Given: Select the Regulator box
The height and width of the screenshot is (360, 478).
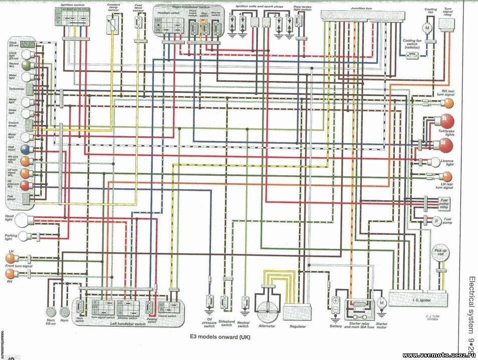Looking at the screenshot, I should click(294, 313).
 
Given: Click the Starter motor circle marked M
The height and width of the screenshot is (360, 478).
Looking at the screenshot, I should click(381, 303).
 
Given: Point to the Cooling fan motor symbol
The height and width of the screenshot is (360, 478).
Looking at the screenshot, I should click(427, 28).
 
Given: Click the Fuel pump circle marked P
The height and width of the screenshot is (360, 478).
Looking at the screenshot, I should click(436, 221).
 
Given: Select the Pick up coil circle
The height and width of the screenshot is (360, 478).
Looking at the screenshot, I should click(440, 253).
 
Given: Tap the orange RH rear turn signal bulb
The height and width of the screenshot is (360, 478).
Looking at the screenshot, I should click(447, 103).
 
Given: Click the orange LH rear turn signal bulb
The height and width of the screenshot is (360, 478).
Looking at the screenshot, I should click(446, 176).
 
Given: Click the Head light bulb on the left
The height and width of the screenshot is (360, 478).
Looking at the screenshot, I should click(26, 219).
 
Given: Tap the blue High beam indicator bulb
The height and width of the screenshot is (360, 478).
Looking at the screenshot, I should click(24, 150).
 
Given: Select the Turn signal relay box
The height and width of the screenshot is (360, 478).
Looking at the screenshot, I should click(446, 24).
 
